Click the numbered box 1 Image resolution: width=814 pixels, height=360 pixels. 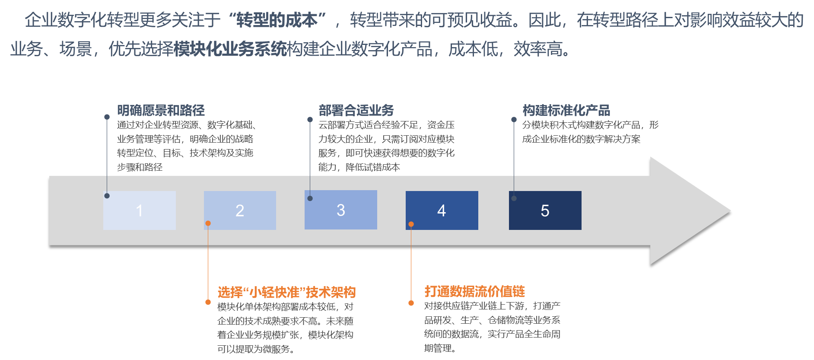[139, 210]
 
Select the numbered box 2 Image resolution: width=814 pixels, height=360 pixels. [240, 210]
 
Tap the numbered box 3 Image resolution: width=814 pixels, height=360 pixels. [340, 210]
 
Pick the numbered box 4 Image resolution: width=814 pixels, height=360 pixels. [442, 210]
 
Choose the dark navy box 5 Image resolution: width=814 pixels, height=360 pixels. [545, 210]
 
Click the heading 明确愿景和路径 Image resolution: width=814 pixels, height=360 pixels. [161, 110]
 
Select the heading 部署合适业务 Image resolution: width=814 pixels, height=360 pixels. [356, 110]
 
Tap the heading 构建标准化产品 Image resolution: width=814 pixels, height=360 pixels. [566, 110]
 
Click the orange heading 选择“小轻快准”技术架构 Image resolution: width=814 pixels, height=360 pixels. [286, 292]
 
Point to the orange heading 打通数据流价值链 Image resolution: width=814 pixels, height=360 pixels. [474, 291]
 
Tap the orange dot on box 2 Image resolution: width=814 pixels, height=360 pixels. [208, 223]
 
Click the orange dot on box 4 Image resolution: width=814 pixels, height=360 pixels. [411, 224]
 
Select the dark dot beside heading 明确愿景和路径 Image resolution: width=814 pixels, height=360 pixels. [107, 117]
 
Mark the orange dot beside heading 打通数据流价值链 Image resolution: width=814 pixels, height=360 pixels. [411, 303]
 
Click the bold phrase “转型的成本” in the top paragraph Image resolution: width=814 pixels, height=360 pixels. [277, 20]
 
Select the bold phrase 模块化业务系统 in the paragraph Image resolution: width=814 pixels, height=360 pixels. [230, 49]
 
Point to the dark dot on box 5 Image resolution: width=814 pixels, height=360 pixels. [514, 198]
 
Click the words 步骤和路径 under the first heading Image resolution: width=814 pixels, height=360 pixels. [140, 167]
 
